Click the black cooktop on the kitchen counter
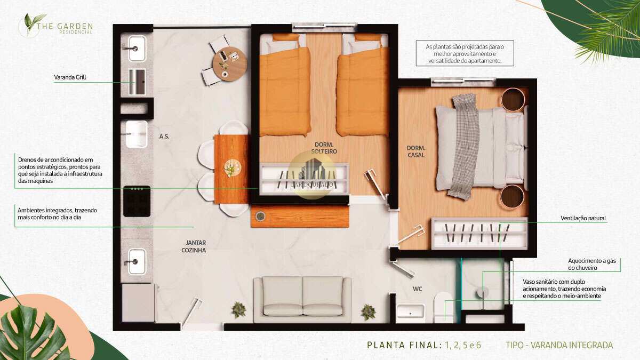(137, 201)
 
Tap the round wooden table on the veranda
(230, 64)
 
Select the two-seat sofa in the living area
(302, 299)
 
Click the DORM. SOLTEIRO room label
(324, 148)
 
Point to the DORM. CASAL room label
(416, 151)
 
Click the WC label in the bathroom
(417, 289)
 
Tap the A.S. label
(164, 137)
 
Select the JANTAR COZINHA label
(194, 246)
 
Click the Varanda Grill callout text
(70, 77)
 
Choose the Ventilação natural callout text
(583, 218)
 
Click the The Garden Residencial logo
(55, 25)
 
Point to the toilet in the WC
(443, 307)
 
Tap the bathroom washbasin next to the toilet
(410, 314)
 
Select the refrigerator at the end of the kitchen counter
(139, 302)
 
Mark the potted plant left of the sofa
(238, 310)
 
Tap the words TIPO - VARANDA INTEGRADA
(559, 345)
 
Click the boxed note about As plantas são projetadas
(465, 53)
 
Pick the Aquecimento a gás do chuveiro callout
(591, 265)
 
